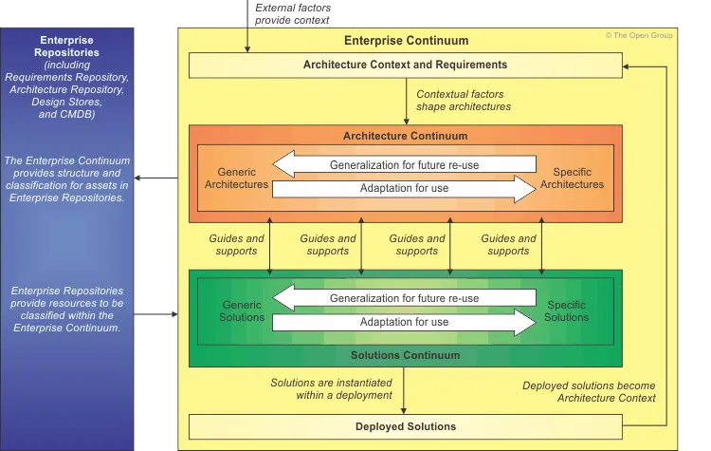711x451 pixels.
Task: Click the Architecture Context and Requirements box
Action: [405, 65]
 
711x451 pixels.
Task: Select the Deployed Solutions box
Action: [405, 426]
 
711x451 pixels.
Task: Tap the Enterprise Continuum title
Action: [405, 41]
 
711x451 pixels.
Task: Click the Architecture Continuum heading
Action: [405, 136]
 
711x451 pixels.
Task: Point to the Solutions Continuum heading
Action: [405, 355]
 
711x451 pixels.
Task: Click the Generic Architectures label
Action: [236, 179]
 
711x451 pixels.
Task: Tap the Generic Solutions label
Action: [242, 311]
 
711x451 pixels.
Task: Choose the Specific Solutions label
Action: [566, 311]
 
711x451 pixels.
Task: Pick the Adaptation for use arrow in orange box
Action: [405, 188]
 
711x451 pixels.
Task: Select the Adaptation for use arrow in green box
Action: [405, 322]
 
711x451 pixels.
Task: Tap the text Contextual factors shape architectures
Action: [464, 101]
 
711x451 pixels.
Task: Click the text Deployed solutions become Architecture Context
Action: [589, 391]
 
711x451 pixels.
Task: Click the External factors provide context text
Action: [292, 13]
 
